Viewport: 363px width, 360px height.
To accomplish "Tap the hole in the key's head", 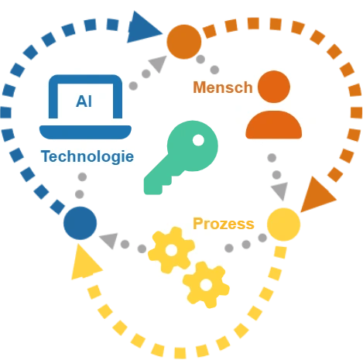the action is pyautogui.click(x=198, y=140).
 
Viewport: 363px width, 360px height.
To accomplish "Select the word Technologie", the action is pyautogui.click(x=87, y=156).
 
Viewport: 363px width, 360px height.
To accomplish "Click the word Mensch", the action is pyautogui.click(x=223, y=87).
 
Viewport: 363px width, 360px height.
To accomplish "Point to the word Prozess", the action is pyautogui.click(x=224, y=224).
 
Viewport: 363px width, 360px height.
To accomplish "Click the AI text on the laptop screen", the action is pyautogui.click(x=84, y=101).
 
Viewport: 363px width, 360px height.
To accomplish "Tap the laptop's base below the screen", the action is pyautogui.click(x=85, y=132).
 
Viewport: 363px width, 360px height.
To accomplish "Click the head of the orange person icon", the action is pyautogui.click(x=274, y=87).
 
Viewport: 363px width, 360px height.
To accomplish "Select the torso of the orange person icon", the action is pyautogui.click(x=274, y=125).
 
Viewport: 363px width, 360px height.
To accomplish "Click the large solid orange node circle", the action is pyautogui.click(x=184, y=42).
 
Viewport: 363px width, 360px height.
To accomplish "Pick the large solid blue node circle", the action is pyautogui.click(x=80, y=223).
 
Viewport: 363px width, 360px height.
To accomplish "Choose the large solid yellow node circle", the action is pyautogui.click(x=283, y=225).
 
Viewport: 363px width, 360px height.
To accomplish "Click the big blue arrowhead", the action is pyautogui.click(x=143, y=27).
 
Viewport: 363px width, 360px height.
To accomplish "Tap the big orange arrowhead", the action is pyautogui.click(x=318, y=195).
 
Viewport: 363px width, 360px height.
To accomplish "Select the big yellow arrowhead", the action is pyautogui.click(x=85, y=263).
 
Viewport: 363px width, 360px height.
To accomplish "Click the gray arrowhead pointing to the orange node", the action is pyautogui.click(x=158, y=63).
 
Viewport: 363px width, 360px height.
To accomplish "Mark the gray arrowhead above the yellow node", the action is pyautogui.click(x=280, y=190).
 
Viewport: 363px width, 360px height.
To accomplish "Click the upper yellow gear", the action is pyautogui.click(x=171, y=250).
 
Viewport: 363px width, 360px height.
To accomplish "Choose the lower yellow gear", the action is pyautogui.click(x=206, y=285).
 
